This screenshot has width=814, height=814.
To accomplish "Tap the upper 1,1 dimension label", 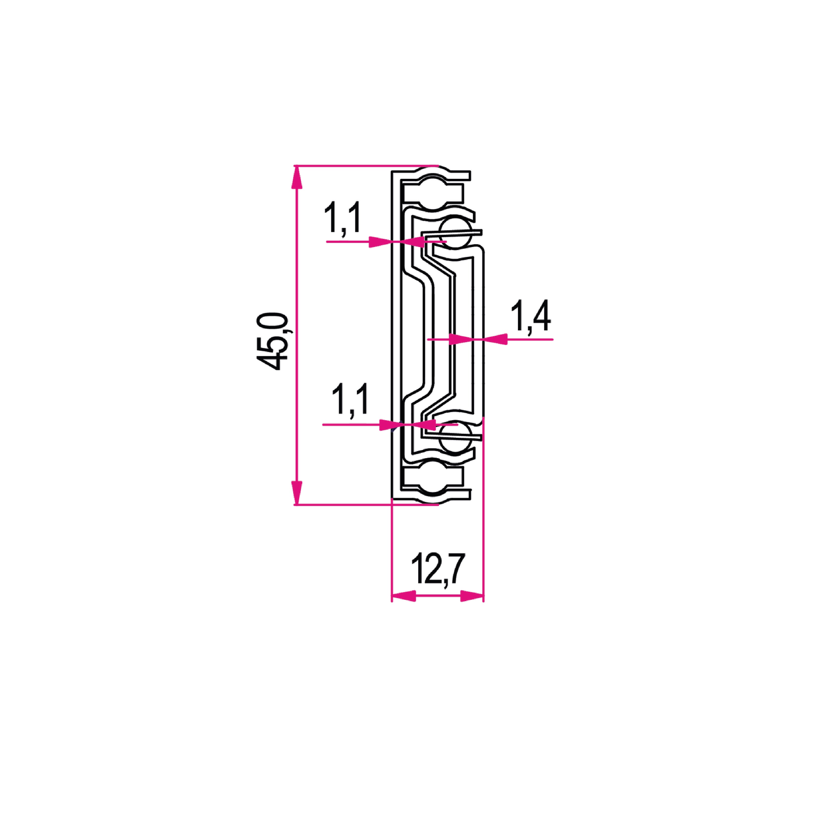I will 342,218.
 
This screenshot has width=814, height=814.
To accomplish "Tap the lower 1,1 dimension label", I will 350,399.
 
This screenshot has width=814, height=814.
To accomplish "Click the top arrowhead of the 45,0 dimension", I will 297,177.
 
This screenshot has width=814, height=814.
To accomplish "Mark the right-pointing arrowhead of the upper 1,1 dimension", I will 380,242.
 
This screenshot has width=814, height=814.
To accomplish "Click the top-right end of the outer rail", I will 469,176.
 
